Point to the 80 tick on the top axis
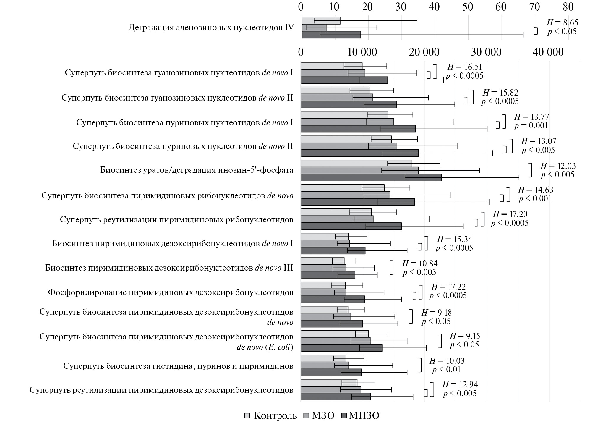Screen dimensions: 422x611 (x=568, y=7)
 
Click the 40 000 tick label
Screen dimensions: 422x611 (x=548, y=52)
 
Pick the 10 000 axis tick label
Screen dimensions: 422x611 (x=362, y=52)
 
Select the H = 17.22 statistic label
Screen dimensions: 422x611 (x=448, y=287)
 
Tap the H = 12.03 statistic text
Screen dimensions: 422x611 (x=558, y=166)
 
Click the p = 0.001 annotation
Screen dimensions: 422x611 (x=531, y=125)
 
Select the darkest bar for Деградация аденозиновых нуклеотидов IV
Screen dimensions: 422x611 (x=331, y=35)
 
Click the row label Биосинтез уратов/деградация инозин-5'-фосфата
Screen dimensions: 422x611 (x=197, y=170)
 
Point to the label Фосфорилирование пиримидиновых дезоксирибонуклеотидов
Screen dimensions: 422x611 (x=171, y=292)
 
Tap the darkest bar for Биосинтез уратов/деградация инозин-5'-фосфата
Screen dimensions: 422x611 (x=371, y=177)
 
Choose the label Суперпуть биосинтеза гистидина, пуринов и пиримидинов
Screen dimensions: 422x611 (x=178, y=366)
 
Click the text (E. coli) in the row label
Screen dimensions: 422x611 (x=279, y=347)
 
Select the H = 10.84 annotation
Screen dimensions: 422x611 (x=420, y=263)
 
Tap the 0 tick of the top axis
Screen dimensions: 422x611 (x=301, y=7)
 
